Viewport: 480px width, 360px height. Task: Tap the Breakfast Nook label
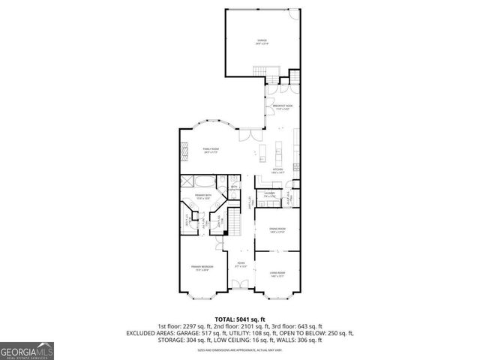click(x=283, y=107)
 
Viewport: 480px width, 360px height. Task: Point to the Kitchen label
click(x=277, y=171)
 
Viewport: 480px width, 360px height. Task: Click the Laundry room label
click(x=269, y=196)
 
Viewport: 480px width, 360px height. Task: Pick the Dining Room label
click(x=277, y=232)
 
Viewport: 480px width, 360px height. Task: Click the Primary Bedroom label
click(x=202, y=268)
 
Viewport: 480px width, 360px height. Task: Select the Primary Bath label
click(x=202, y=196)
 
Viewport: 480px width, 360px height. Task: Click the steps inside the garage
click(x=262, y=71)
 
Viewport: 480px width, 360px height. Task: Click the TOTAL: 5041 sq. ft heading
click(x=241, y=319)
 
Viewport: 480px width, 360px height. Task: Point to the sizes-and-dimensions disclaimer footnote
click(x=240, y=350)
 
